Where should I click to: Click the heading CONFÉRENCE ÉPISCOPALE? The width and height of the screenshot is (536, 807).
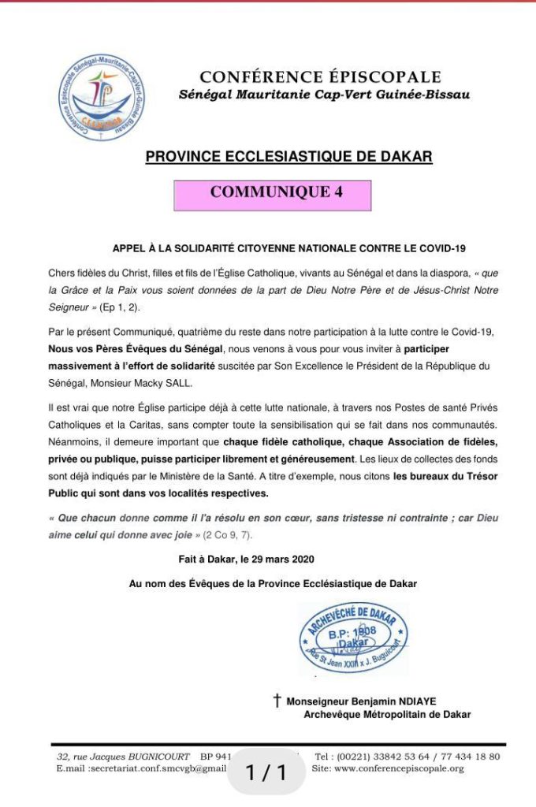click(x=320, y=77)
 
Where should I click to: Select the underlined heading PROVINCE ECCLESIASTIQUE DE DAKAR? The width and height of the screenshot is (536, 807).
click(x=289, y=157)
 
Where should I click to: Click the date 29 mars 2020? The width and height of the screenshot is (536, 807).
click(x=279, y=560)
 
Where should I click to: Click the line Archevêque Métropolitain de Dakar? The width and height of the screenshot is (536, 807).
click(x=387, y=715)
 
